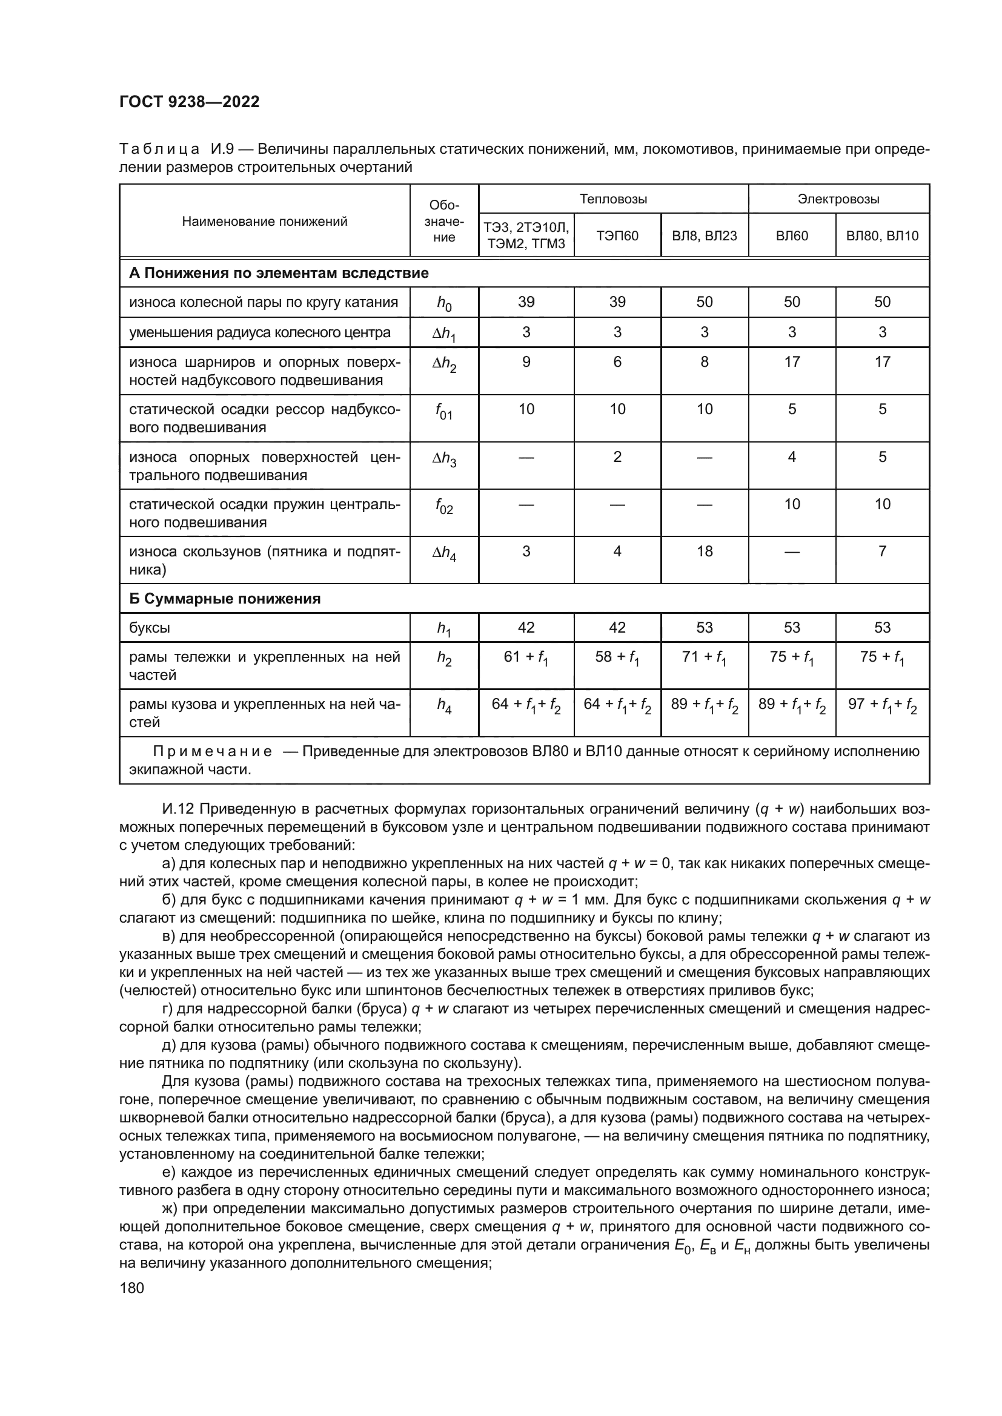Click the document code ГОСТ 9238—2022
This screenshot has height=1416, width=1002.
click(x=190, y=102)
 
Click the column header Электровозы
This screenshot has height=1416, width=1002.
click(x=838, y=199)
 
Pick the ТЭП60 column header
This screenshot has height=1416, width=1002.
click(x=617, y=235)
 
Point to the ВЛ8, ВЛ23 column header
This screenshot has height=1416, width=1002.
click(x=704, y=235)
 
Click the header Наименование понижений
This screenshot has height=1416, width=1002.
click(x=265, y=222)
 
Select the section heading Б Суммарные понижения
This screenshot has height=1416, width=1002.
click(x=225, y=599)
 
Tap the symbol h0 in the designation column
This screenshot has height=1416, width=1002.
click(x=443, y=303)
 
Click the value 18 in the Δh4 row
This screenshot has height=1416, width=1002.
click(x=704, y=552)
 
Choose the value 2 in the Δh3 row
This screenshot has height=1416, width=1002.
click(x=617, y=457)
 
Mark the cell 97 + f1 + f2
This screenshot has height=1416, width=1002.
click(x=881, y=705)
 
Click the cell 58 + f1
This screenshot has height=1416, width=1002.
click(x=617, y=657)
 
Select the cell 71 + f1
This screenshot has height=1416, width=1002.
click(x=704, y=657)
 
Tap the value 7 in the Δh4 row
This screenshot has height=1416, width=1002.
click(x=881, y=552)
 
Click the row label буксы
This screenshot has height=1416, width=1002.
click(x=149, y=628)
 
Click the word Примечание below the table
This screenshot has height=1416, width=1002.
click(x=212, y=752)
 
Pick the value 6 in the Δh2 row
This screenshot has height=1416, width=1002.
click(x=617, y=362)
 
